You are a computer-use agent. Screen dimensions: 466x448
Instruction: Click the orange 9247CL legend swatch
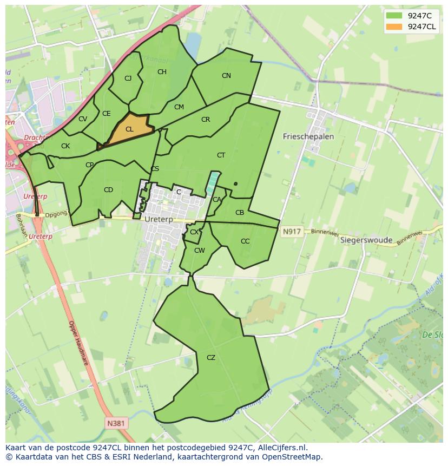pyautogui.click(x=395, y=27)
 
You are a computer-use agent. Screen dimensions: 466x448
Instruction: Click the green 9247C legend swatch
pyautogui.click(x=395, y=16)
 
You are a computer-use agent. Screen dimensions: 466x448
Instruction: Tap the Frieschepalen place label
pyautogui.click(x=308, y=136)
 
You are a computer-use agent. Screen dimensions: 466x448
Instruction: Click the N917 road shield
pyautogui.click(x=291, y=232)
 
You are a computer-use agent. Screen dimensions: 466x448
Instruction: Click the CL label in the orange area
pyautogui.click(x=129, y=129)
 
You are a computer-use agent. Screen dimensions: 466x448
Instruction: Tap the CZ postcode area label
pyautogui.click(x=211, y=358)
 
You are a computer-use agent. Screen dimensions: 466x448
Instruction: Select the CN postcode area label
pyautogui.click(x=226, y=76)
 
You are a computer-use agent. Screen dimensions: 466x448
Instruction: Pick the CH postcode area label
pyautogui.click(x=162, y=72)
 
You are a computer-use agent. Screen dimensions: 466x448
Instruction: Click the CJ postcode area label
pyautogui.click(x=128, y=78)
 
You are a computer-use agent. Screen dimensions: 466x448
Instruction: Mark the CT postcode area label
pyautogui.click(x=221, y=155)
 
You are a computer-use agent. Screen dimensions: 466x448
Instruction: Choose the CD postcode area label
pyautogui.click(x=108, y=190)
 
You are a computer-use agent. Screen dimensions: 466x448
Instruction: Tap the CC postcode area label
pyautogui.click(x=245, y=241)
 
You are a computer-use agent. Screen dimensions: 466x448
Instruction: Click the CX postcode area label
pyautogui.click(x=194, y=232)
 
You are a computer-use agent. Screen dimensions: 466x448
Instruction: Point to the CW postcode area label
pyautogui.click(x=199, y=251)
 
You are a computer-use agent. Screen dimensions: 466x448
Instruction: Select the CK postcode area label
pyautogui.click(x=65, y=146)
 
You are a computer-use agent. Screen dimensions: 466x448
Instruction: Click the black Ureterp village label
pyautogui.click(x=159, y=220)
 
